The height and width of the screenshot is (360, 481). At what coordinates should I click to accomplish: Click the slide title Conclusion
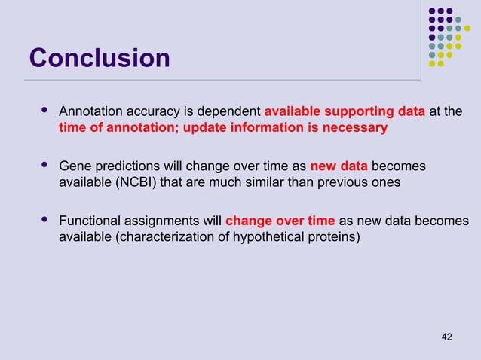[x=100, y=58]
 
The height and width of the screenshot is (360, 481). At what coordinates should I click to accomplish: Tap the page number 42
[x=446, y=336]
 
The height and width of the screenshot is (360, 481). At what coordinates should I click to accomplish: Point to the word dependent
[x=230, y=112]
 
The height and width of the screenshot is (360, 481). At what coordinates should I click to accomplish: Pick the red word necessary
[x=355, y=128]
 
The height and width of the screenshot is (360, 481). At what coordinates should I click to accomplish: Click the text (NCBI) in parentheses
[x=140, y=182]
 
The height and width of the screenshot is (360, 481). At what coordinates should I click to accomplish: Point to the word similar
[x=264, y=182]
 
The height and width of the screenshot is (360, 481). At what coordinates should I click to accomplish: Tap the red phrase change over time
[x=280, y=221]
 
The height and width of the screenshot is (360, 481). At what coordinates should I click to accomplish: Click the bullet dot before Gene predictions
[x=43, y=165]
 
